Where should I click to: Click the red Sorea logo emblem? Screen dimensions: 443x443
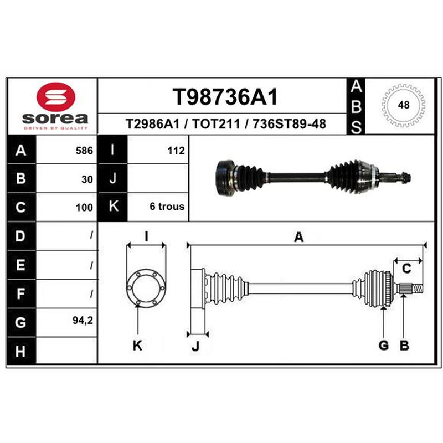pyautogui.click(x=56, y=96)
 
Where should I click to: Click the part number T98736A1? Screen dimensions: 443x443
pyautogui.click(x=225, y=96)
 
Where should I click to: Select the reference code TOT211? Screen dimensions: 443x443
pyautogui.click(x=216, y=123)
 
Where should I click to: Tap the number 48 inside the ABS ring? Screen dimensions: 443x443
pyautogui.click(x=404, y=105)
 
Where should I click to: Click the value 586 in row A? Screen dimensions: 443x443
pyautogui.click(x=84, y=151)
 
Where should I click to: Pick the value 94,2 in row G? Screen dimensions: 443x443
pyautogui.click(x=83, y=321)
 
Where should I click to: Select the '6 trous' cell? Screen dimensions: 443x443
pyautogui.click(x=167, y=207)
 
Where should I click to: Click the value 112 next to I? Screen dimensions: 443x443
pyautogui.click(x=176, y=151)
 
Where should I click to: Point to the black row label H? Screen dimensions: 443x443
pyautogui.click(x=22, y=351)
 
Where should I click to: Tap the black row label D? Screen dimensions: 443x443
pyautogui.click(x=22, y=236)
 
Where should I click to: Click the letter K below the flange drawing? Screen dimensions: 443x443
pyautogui.click(x=137, y=345)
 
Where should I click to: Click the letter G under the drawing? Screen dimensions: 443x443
pyautogui.click(x=383, y=345)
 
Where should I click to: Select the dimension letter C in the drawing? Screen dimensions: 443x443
pyautogui.click(x=406, y=269)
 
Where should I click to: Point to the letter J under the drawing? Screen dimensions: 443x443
pyautogui.click(x=195, y=346)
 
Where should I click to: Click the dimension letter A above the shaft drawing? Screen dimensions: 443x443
pyautogui.click(x=298, y=237)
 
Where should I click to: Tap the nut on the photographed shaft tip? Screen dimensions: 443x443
pyautogui.click(x=406, y=178)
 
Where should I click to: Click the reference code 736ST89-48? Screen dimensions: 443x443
pyautogui.click(x=289, y=123)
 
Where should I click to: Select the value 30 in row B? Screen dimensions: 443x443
pyautogui.click(x=87, y=179)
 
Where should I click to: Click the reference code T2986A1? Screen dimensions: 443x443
pyautogui.click(x=153, y=123)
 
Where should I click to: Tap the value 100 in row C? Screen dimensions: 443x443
pyautogui.click(x=84, y=208)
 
